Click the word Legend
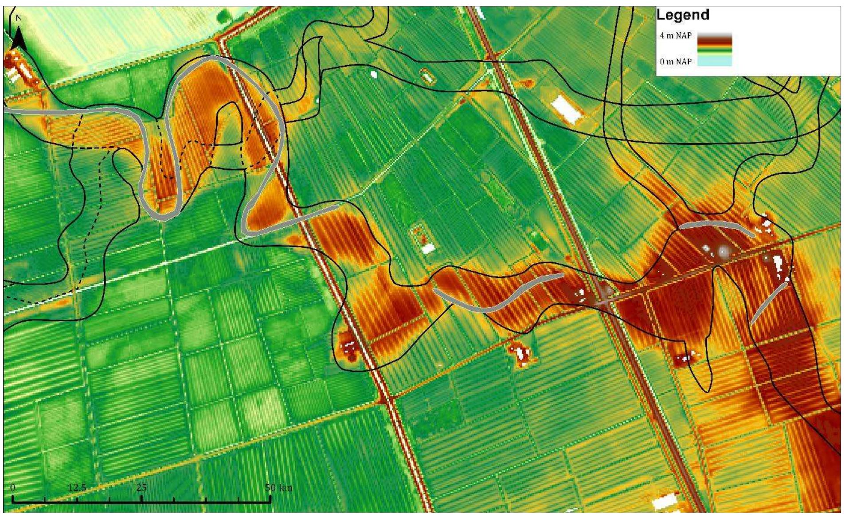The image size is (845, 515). [x=683, y=15]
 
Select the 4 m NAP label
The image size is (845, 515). [x=675, y=35]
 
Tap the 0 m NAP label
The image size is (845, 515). [x=675, y=61]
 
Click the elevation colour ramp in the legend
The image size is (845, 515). [x=714, y=49]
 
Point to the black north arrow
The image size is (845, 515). [x=19, y=38]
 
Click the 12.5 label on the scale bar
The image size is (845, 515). [x=77, y=488]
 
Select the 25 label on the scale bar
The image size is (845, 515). [x=141, y=488]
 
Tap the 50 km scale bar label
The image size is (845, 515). [x=278, y=488]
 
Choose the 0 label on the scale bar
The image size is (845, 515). [x=13, y=488]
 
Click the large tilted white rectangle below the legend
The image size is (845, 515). [x=566, y=109]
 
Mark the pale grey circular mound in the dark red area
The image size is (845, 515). [x=723, y=251]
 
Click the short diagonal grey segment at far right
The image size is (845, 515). [x=768, y=303]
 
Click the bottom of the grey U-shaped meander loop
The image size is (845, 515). [x=163, y=217]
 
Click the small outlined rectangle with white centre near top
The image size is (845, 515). [x=427, y=77]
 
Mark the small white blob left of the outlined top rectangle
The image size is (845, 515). [x=373, y=74]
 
